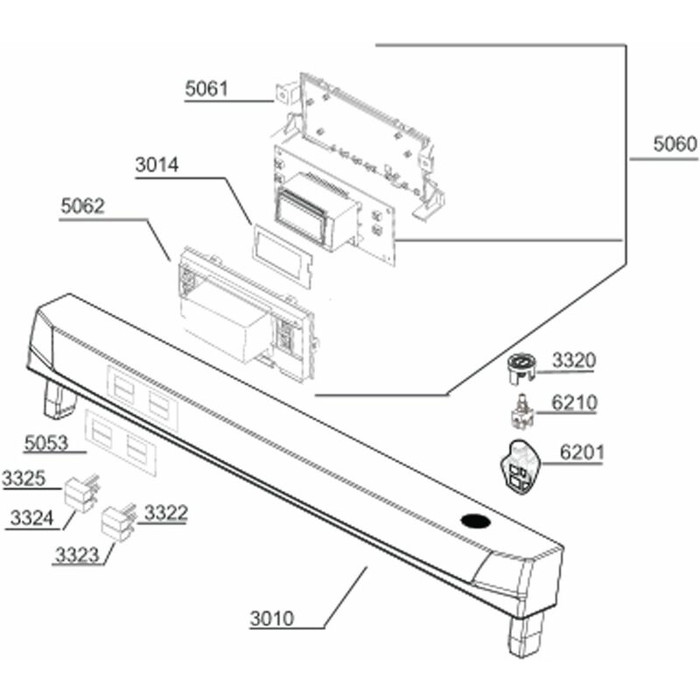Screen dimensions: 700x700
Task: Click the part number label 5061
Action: [206, 88]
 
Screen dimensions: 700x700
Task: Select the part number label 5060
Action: [675, 143]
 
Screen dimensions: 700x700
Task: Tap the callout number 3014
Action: [157, 164]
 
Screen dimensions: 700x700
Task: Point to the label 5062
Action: [82, 206]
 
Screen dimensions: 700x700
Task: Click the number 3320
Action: [574, 360]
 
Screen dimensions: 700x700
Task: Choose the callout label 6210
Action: [574, 402]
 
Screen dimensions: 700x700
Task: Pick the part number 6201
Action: [582, 452]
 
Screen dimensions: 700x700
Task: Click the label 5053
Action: [46, 443]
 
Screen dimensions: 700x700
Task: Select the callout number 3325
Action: [24, 478]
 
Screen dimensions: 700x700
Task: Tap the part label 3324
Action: [31, 518]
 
